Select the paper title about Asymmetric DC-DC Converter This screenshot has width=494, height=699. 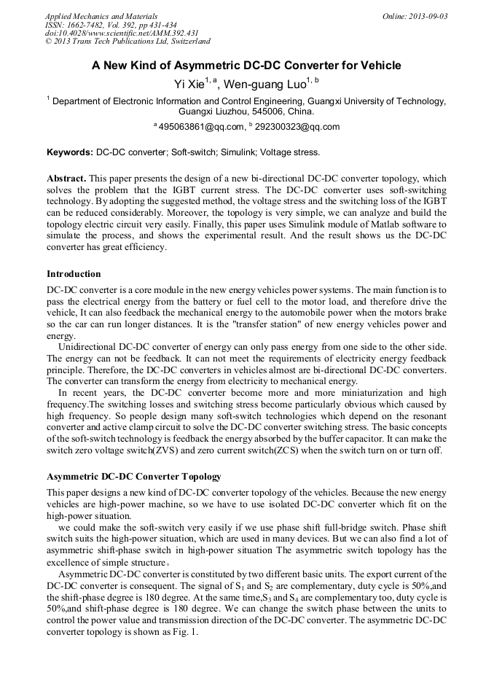(x=246, y=66)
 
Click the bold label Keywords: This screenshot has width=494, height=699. (x=70, y=153)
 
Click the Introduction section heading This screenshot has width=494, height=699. (x=74, y=274)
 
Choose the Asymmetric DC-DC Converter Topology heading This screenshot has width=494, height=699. (x=134, y=477)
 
